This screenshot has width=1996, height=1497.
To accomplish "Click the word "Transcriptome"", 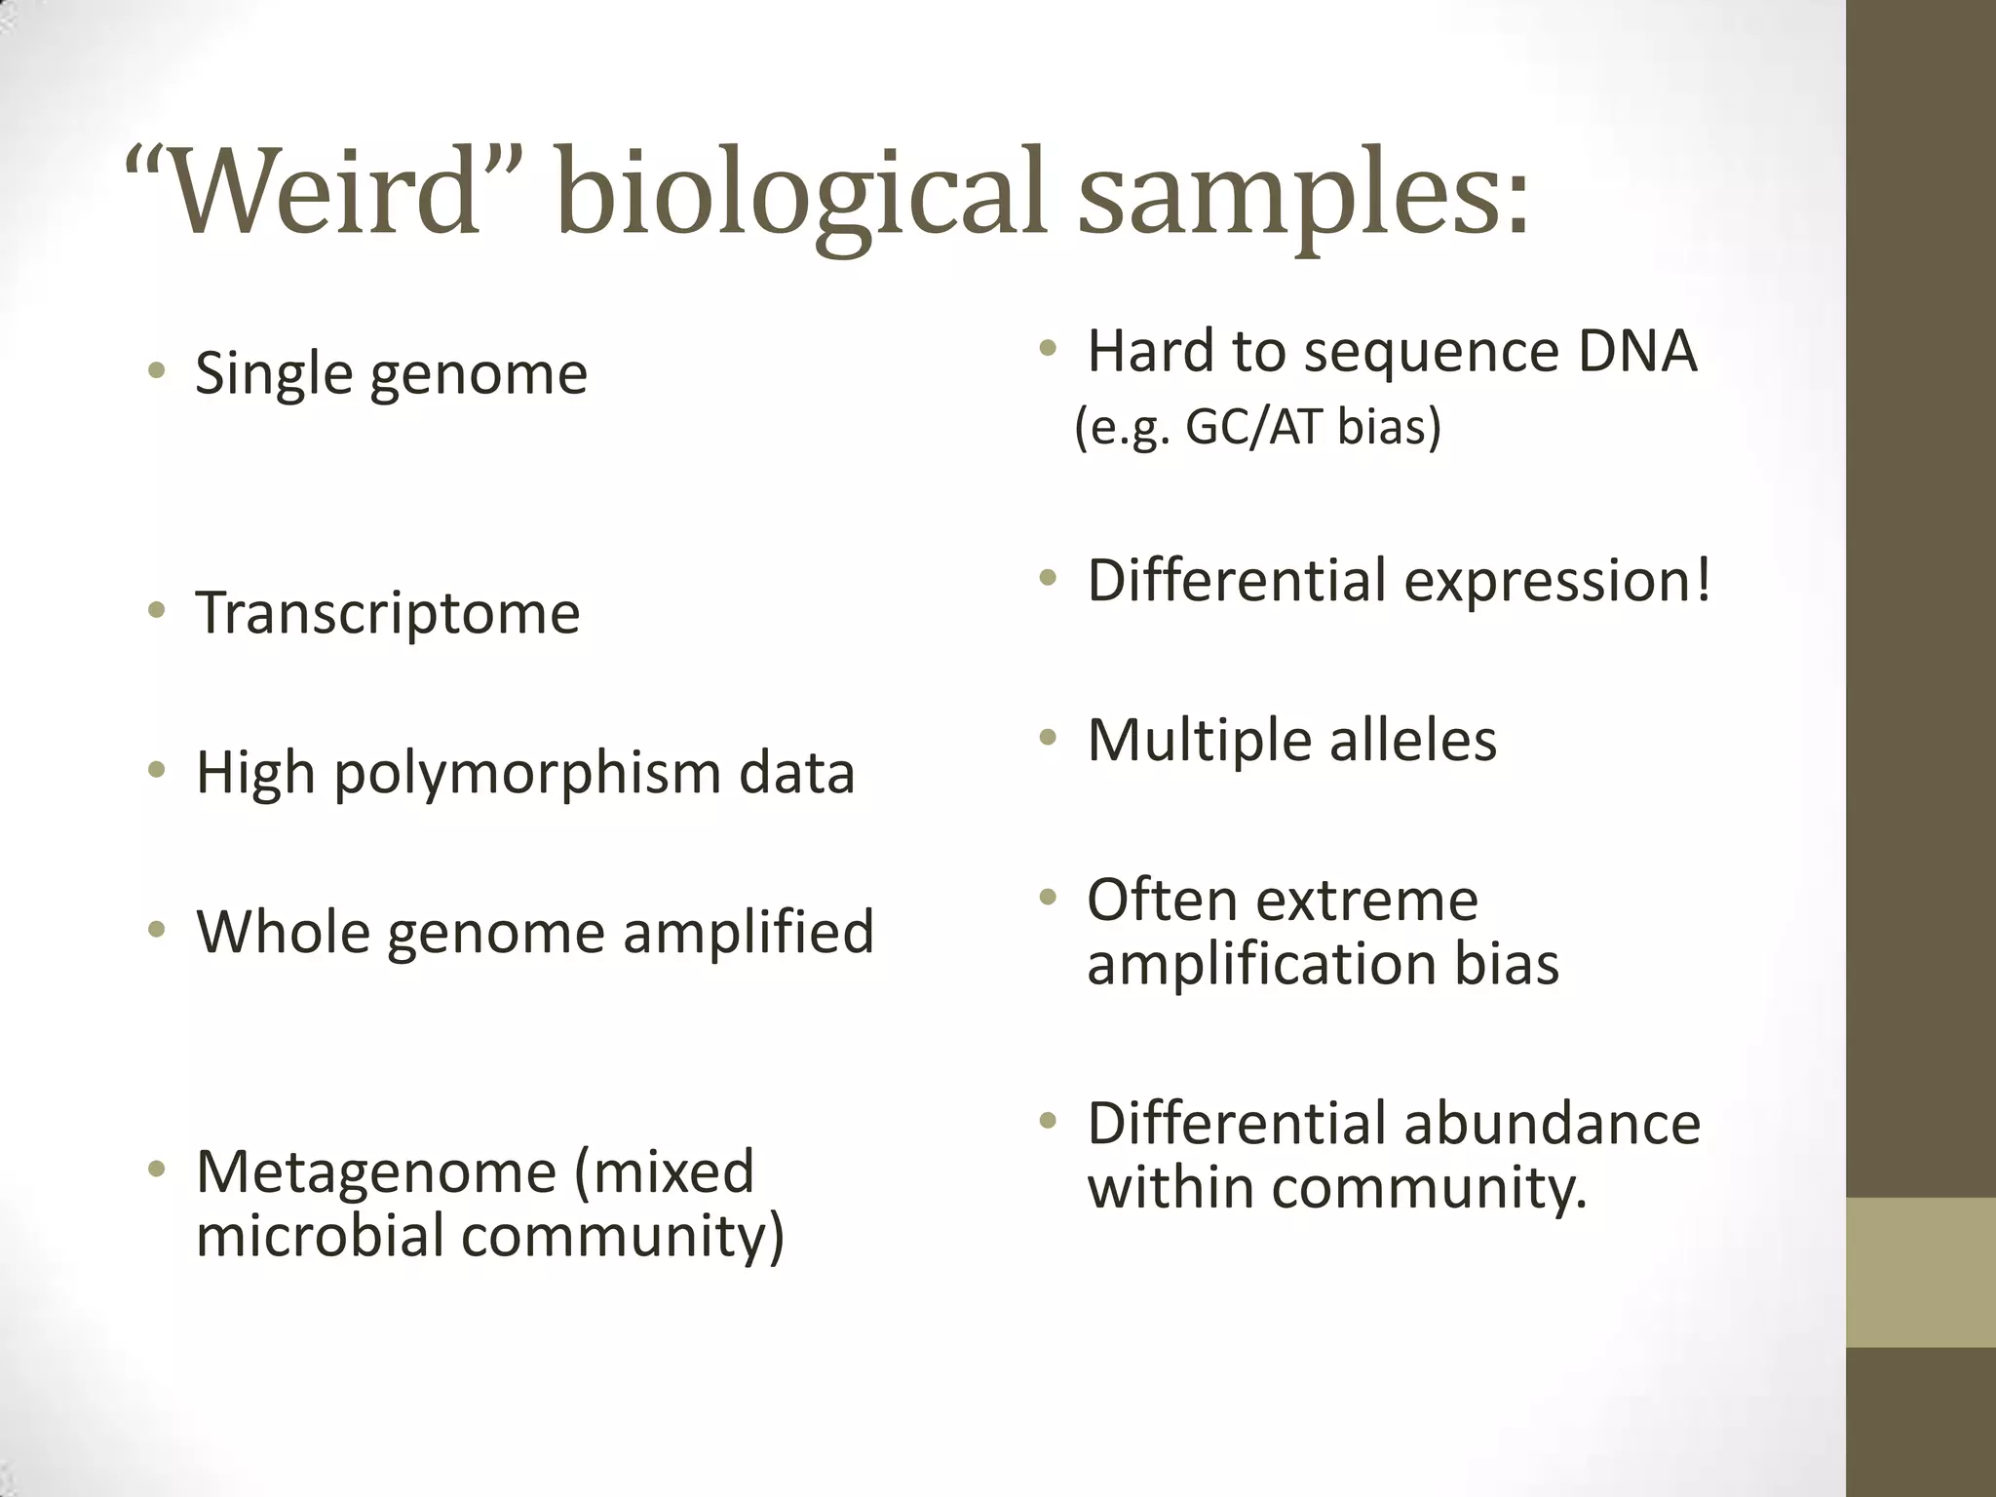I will (388, 613).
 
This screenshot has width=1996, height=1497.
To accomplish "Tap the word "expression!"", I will (1556, 581).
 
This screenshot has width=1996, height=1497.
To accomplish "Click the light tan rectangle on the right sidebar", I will (1921, 1272).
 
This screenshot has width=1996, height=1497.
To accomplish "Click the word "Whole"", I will (284, 932).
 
